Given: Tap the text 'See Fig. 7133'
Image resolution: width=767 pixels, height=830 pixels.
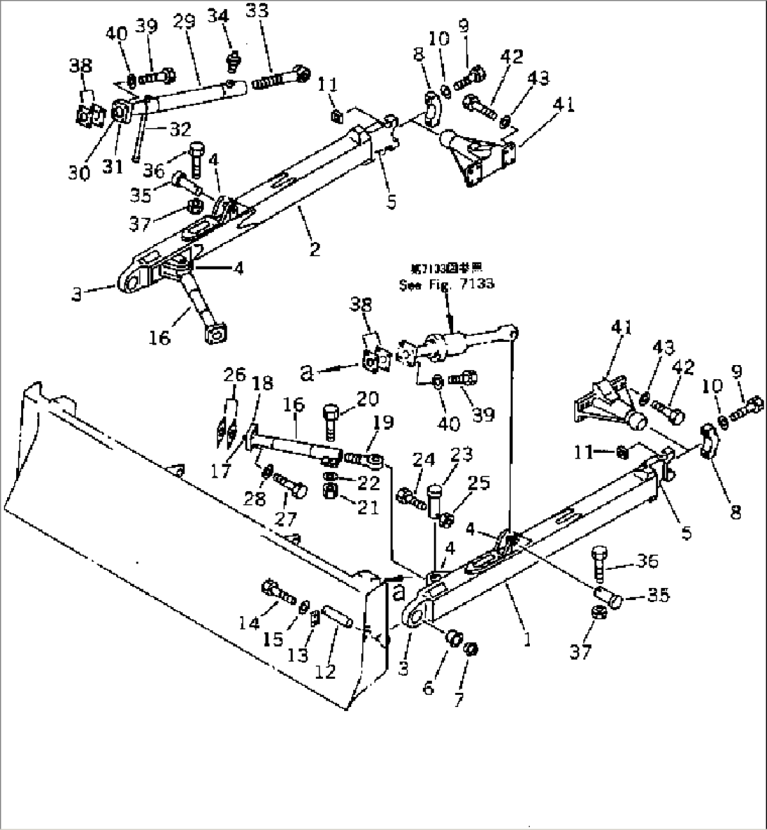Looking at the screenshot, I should point(446,284).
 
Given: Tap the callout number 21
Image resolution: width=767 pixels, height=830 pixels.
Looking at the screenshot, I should point(367,506).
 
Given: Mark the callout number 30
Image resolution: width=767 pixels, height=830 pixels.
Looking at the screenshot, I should point(80,172).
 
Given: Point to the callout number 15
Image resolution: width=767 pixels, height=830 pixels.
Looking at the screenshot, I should point(273,639).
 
